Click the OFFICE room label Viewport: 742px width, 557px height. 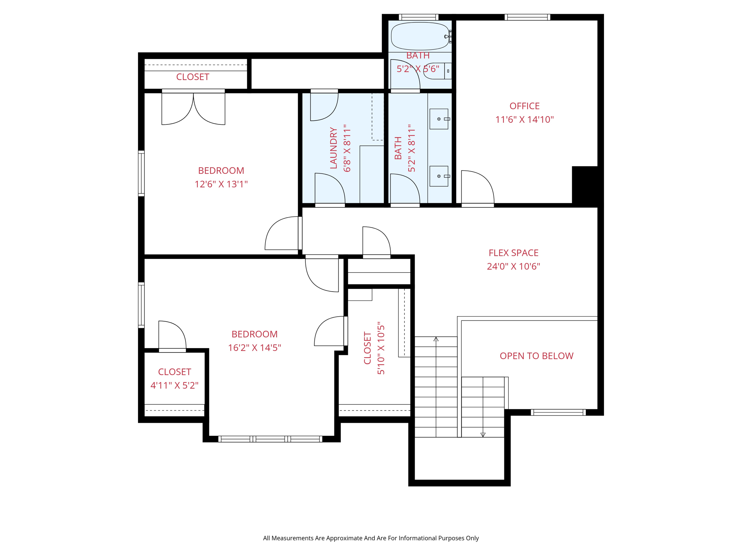pyautogui.click(x=524, y=106)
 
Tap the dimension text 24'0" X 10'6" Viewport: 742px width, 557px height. pyautogui.click(x=513, y=267)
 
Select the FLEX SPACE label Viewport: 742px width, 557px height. pyautogui.click(x=513, y=253)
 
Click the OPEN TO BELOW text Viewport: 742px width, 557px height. pyautogui.click(x=536, y=356)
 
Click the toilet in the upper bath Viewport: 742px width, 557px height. pyautogui.click(x=435, y=71)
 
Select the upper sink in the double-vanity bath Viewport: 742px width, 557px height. pyautogui.click(x=439, y=119)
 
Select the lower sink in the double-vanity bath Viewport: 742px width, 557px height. pyautogui.click(x=439, y=176)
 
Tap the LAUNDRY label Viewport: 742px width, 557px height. pyautogui.click(x=334, y=148)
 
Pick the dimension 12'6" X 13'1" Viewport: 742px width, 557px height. pyautogui.click(x=221, y=184)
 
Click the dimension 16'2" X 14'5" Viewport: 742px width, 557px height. pyautogui.click(x=254, y=348)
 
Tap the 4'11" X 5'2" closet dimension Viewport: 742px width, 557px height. pyautogui.click(x=174, y=385)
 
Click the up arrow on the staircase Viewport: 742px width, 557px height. pyautogui.click(x=436, y=339)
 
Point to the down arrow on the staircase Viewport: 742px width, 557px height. pyautogui.click(x=483, y=434)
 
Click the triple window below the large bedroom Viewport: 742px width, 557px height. pyautogui.click(x=270, y=439)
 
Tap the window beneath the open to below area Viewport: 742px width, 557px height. pyautogui.click(x=558, y=412)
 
